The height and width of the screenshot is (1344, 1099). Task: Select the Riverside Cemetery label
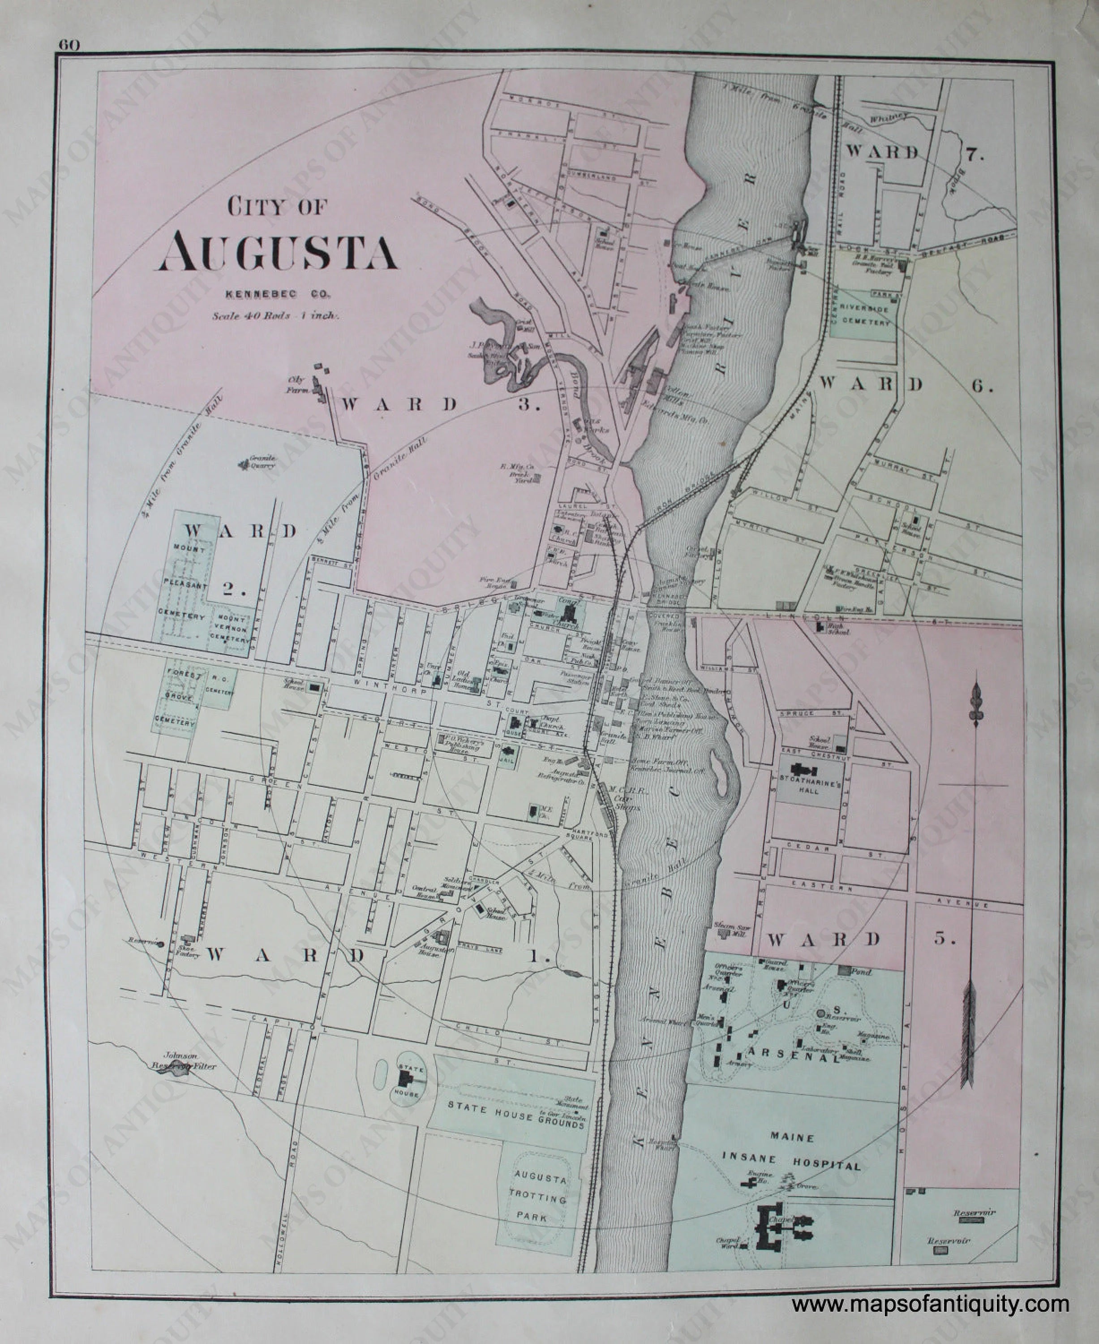[865, 315]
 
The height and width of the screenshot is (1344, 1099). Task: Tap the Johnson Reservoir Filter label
[183, 1061]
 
